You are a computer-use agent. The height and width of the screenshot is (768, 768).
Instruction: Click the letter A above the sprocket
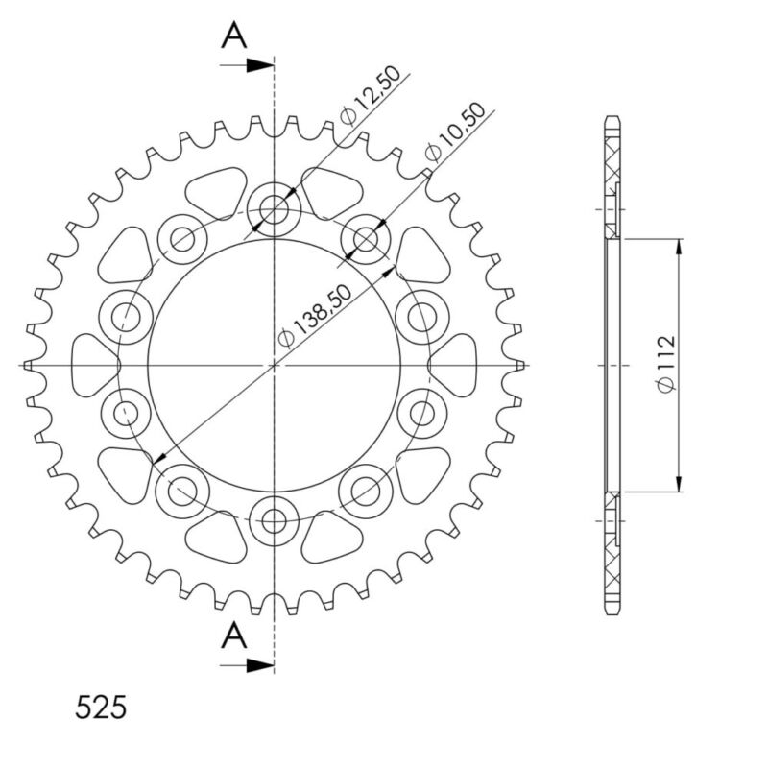pos(234,36)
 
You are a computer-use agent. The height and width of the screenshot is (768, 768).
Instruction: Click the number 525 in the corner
pos(100,708)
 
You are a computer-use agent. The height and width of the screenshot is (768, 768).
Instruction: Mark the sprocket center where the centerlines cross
pos(275,365)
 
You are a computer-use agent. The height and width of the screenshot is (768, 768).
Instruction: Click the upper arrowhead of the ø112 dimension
pos(680,248)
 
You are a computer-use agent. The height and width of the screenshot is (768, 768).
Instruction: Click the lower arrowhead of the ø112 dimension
pos(680,482)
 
